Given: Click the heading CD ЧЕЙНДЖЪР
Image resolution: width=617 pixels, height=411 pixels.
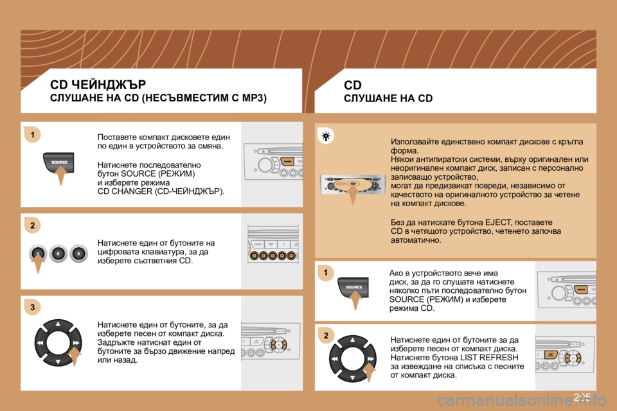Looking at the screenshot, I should pos(98,84).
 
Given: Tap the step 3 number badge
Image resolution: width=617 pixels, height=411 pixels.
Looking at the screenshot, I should pos(31,308).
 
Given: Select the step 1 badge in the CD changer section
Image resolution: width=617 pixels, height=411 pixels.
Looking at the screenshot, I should pos(31,134).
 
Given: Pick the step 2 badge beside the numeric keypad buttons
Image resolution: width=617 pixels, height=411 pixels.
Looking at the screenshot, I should pos(31,224).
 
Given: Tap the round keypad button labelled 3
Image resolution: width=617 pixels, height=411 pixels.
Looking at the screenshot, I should pos(78,253).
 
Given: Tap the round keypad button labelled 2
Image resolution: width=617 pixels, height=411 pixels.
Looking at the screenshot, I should pos(58,253).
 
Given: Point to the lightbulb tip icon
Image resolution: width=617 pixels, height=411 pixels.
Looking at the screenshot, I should pos(327,136).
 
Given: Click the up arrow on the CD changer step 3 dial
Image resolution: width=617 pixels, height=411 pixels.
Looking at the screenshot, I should pos(58,324).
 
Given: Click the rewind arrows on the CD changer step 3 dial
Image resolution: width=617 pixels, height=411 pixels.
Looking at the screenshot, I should pos(40,344).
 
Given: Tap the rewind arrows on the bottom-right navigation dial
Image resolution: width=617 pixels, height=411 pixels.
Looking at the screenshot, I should pos(335,358).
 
